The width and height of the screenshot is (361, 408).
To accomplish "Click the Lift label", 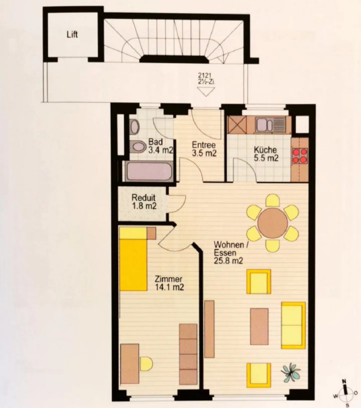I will (72, 35).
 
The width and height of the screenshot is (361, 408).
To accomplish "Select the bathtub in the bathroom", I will (149, 171).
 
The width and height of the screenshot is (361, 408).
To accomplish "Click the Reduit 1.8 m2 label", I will (144, 202).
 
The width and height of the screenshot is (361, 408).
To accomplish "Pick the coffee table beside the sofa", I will (259, 326).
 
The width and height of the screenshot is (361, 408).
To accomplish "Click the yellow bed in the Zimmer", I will (133, 264).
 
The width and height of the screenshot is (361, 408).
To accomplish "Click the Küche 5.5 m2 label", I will (266, 154).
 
